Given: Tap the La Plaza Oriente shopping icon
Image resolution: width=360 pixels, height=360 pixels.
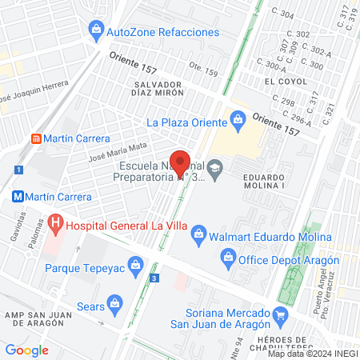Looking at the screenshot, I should click(237, 122).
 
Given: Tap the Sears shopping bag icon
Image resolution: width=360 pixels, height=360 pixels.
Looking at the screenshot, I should click(116, 303).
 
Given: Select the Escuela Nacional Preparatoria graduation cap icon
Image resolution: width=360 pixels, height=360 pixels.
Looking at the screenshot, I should click(214, 170).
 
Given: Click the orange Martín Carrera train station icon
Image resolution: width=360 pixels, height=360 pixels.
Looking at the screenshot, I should click(37, 138).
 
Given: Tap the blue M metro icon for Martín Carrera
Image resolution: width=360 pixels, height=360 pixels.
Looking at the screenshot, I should click(16, 196).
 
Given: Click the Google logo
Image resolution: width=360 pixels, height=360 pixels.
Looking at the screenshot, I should click(26, 350).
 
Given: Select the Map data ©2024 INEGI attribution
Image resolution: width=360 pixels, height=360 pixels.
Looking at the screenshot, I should click(312, 354).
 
